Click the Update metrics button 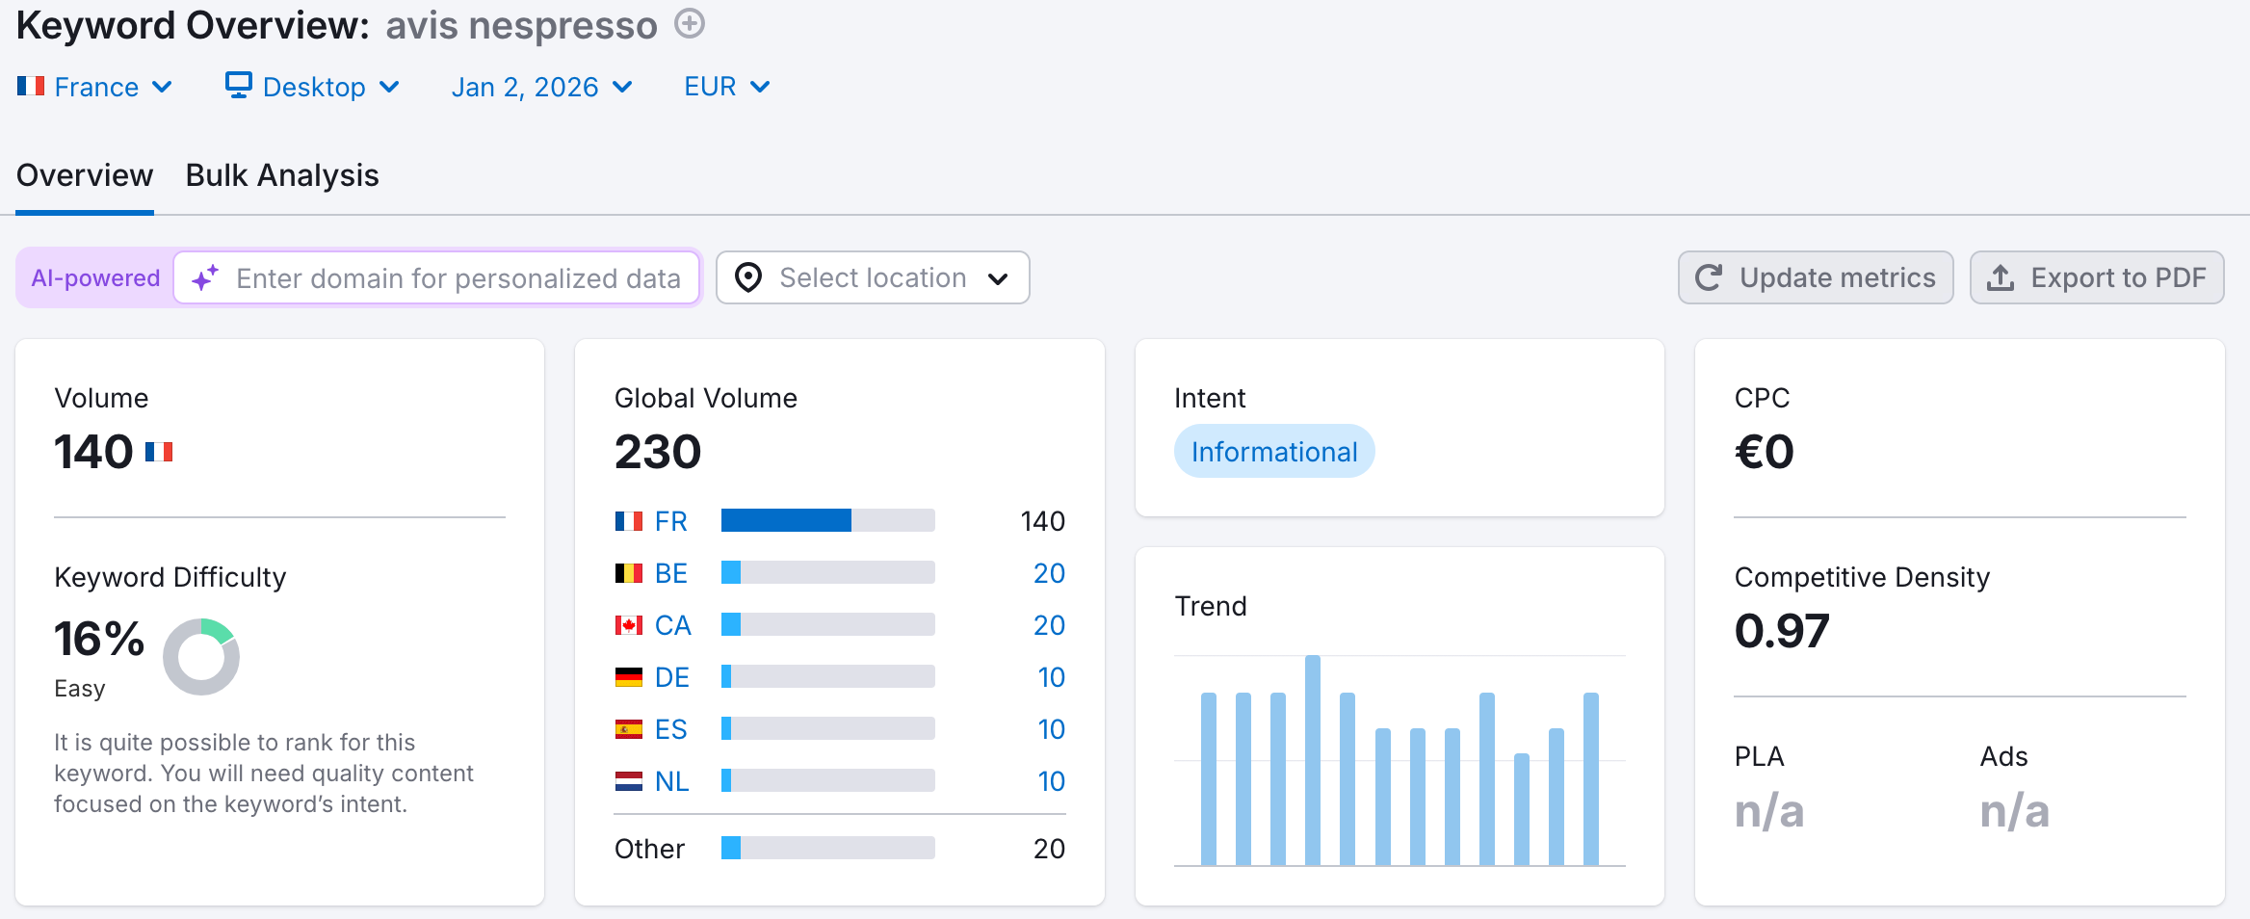1815,278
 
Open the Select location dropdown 872,278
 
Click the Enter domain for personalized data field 458,278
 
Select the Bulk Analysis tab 282,175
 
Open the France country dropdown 94,87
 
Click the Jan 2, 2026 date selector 541,87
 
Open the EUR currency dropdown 726,87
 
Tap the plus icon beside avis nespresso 690,23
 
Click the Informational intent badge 1273,452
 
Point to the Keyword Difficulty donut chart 201,657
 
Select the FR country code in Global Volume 671,521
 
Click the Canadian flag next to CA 629,625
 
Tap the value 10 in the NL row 1051,781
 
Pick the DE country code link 672,677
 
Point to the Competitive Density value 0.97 1781,631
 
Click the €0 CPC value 1764,452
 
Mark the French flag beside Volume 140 159,452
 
